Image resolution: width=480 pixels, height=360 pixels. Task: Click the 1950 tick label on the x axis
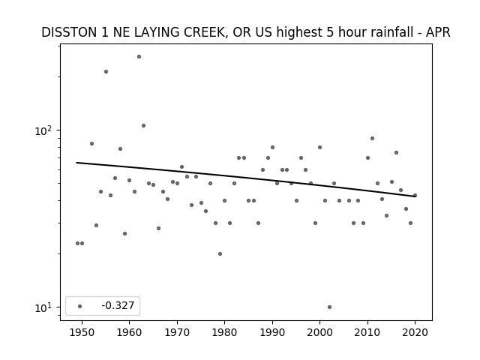tap(82, 332)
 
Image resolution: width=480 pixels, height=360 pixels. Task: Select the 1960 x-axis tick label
tap(129, 332)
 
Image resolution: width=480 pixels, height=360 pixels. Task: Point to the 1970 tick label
tap(177, 332)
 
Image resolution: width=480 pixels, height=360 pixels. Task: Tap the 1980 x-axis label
tap(224, 332)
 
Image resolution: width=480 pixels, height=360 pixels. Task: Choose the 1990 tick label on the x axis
tap(272, 332)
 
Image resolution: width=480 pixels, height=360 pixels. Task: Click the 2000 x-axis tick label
tap(320, 332)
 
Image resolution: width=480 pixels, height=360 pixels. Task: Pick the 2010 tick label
tap(367, 332)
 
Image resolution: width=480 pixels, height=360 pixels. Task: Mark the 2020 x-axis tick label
tap(415, 332)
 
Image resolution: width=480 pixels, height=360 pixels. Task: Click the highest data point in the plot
tap(139, 57)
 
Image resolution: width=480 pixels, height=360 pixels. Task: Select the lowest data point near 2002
tap(329, 307)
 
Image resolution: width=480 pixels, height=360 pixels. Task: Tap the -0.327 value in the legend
tap(118, 305)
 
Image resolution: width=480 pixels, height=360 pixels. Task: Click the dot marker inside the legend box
tap(79, 306)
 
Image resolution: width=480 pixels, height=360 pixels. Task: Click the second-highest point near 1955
tap(106, 72)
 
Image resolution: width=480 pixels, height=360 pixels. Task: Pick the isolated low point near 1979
tap(220, 253)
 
